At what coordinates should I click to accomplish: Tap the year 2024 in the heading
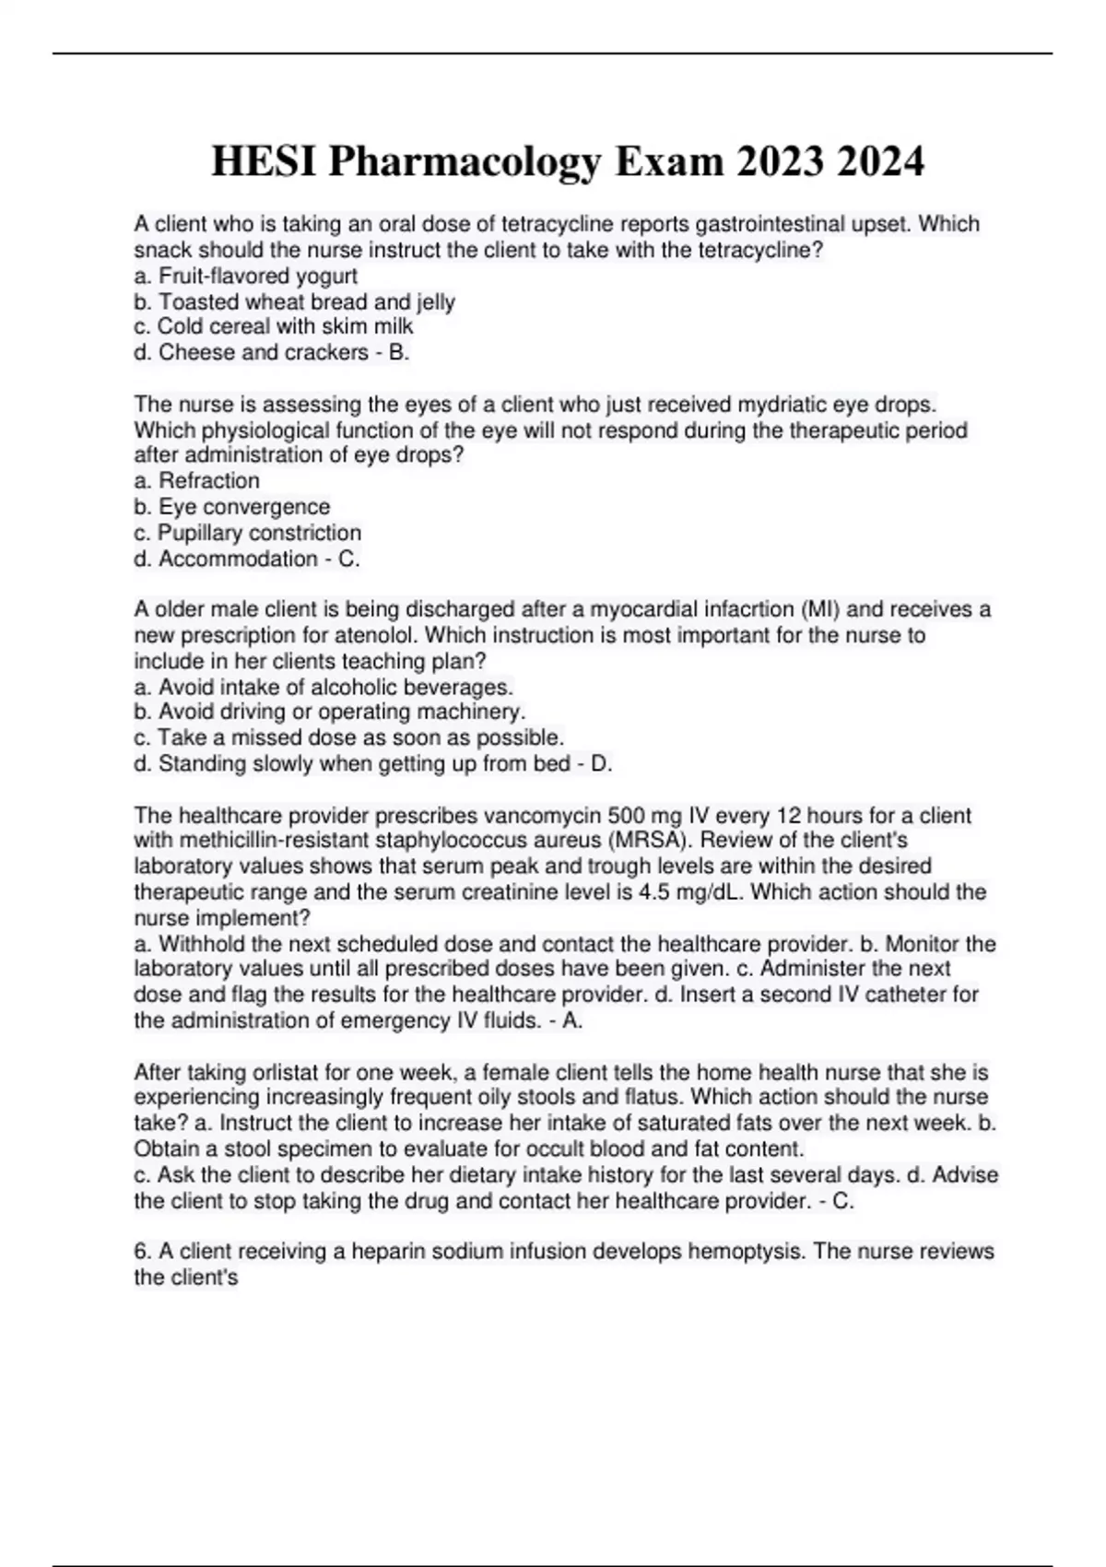[881, 162]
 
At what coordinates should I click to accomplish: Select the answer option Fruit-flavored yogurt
[246, 276]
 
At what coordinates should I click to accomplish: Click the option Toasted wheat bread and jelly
[295, 301]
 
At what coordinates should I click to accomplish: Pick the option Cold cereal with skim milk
[274, 326]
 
